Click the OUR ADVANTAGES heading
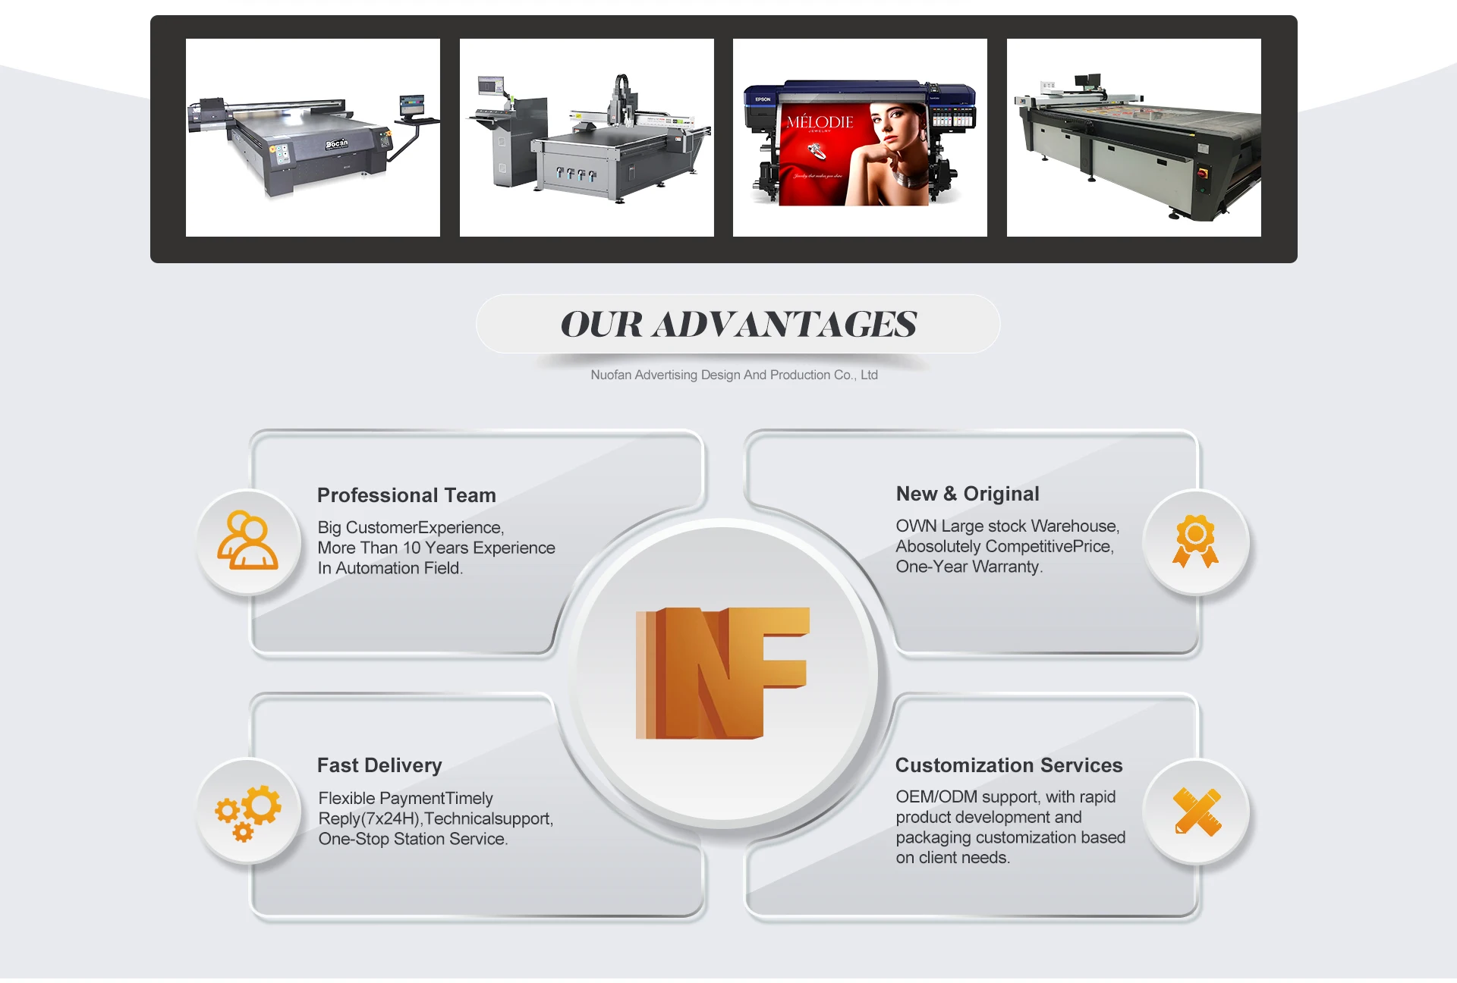coord(738,325)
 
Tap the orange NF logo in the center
coord(722,673)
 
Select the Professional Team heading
coord(406,495)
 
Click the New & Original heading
coord(967,494)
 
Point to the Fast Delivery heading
coord(379,765)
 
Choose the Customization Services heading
coord(1008,765)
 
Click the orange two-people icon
coord(247,541)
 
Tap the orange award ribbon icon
coord(1195,541)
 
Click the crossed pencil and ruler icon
coord(1197,812)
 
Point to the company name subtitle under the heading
coord(734,375)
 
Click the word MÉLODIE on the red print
coord(820,122)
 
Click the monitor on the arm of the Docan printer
coord(412,105)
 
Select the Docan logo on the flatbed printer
coord(337,143)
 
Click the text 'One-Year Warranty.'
coord(968,567)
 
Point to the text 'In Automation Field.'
coord(390,568)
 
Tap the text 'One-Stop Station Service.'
coord(413,839)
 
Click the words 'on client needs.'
coord(952,858)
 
